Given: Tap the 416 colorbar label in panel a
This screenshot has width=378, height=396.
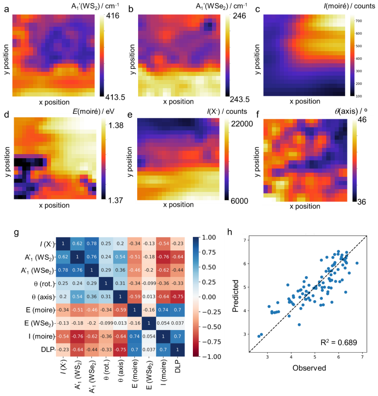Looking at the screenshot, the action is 113,16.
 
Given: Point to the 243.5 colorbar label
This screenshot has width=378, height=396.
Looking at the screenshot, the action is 239,99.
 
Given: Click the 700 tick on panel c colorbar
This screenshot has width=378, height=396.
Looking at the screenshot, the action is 359,21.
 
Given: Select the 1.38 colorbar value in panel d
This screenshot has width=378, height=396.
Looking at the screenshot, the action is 116,125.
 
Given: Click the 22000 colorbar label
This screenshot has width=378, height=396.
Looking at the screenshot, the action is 242,124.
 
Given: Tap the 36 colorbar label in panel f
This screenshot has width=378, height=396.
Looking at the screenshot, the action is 362,202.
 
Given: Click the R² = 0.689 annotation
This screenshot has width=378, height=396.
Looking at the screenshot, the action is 339,342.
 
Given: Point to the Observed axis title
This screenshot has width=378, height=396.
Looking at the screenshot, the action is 309,368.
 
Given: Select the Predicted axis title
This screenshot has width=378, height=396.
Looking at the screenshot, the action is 235,296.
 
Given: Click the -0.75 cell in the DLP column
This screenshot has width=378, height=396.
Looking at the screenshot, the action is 177,297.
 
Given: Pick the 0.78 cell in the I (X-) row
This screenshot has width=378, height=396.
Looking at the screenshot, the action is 91,244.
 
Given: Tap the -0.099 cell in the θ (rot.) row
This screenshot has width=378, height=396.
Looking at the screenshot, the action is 149,283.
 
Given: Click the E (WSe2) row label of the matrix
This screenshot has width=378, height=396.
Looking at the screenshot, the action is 39,323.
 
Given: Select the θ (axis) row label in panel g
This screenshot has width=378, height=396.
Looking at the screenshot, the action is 43,297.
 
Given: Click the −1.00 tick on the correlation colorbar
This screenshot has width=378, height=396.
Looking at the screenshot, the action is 209,356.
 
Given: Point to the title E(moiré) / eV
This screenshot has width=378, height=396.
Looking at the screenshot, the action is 94,111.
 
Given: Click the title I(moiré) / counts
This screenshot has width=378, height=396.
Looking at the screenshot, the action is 349,6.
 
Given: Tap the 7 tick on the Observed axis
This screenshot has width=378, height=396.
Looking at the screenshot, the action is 362,357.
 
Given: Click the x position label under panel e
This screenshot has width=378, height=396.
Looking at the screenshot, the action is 178,205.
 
